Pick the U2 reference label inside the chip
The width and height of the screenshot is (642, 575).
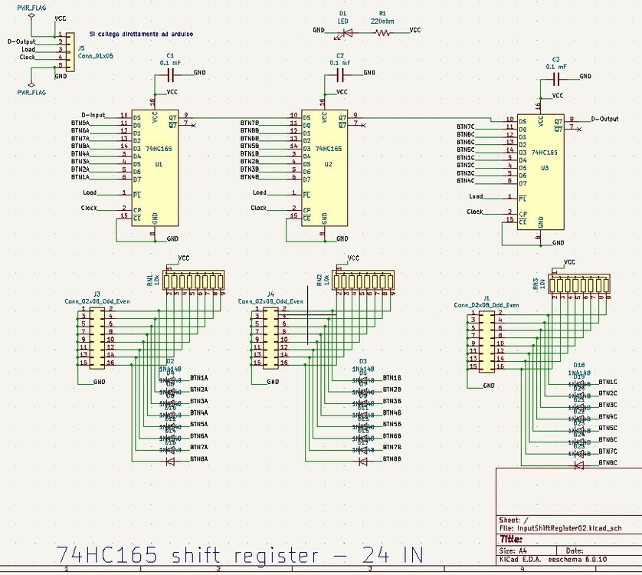click(x=328, y=163)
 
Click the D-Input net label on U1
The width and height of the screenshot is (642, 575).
click(x=93, y=115)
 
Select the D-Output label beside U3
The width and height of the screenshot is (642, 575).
click(x=604, y=119)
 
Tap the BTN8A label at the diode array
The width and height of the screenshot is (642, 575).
click(x=198, y=458)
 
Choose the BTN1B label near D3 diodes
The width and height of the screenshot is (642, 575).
click(x=391, y=378)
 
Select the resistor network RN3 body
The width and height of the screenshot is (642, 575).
click(x=582, y=284)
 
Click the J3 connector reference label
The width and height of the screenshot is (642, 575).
click(x=97, y=294)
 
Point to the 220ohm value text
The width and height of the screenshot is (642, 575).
click(x=382, y=21)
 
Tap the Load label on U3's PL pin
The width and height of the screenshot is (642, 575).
click(x=476, y=196)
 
